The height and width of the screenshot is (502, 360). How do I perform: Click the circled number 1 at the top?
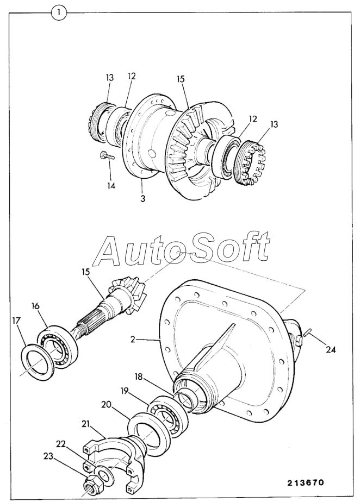click(58, 13)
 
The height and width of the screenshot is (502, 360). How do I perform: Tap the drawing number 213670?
click(305, 482)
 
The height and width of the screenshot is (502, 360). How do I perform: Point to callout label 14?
click(111, 186)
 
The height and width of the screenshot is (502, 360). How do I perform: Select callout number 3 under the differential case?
click(142, 198)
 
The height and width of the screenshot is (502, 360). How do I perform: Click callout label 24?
click(331, 350)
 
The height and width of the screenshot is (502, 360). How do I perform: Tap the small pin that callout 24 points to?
click(309, 333)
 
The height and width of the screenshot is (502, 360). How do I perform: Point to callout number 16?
click(35, 306)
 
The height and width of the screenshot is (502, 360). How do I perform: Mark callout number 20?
click(106, 405)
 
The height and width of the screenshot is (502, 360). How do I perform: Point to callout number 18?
click(139, 376)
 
